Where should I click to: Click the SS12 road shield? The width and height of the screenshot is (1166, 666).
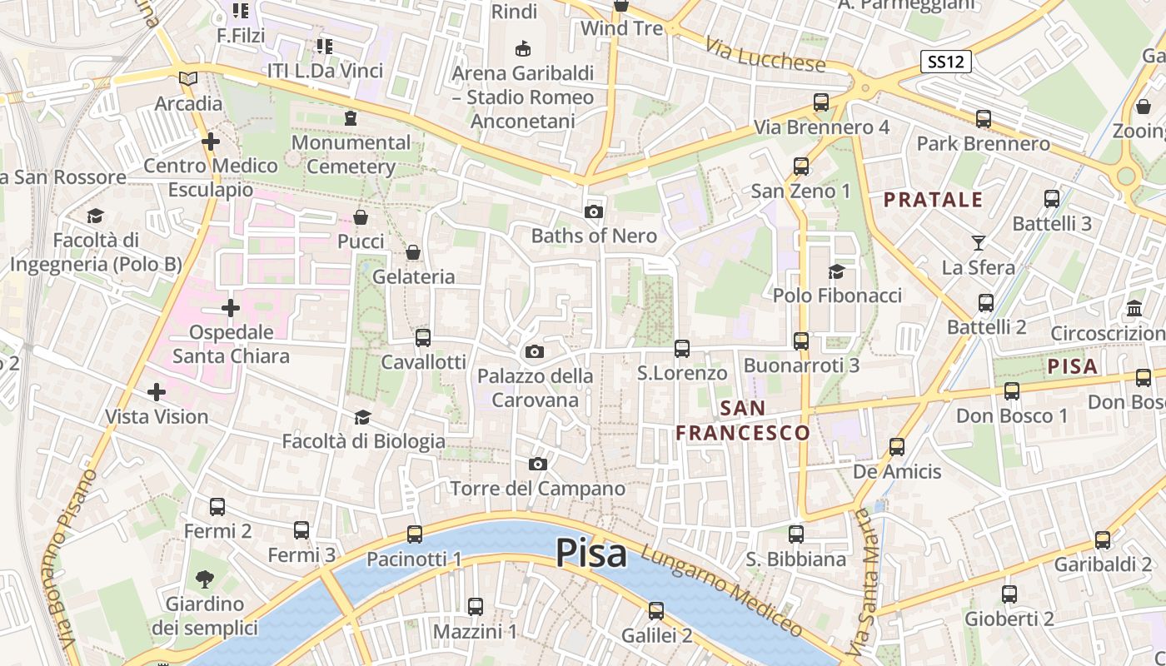[946, 61]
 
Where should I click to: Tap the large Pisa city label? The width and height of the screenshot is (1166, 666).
[590, 553]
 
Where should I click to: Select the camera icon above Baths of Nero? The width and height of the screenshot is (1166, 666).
[594, 212]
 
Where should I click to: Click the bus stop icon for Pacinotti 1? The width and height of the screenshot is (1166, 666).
[414, 534]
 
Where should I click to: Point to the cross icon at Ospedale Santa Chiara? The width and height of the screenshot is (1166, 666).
[231, 309]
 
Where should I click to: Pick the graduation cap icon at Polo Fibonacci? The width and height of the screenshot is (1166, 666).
[836, 271]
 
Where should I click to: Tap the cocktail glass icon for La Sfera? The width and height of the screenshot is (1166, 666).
[978, 243]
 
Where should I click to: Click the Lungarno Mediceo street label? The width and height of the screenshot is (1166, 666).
[721, 591]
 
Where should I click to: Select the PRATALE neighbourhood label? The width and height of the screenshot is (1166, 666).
[934, 200]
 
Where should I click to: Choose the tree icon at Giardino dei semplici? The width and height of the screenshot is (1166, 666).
[204, 579]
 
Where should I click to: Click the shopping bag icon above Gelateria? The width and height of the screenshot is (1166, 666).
[413, 252]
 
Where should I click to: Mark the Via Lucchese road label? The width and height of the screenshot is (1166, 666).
[765, 54]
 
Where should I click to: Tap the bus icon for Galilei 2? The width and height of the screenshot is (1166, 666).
[656, 611]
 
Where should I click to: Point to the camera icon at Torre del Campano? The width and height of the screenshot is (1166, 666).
[538, 464]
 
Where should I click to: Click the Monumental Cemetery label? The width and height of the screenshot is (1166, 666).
[351, 154]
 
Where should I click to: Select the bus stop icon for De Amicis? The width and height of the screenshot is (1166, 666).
[897, 447]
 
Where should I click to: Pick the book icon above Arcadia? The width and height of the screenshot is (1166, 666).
[188, 79]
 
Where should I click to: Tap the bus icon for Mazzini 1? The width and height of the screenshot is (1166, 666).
[475, 607]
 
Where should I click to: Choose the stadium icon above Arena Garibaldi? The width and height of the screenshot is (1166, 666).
[523, 48]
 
